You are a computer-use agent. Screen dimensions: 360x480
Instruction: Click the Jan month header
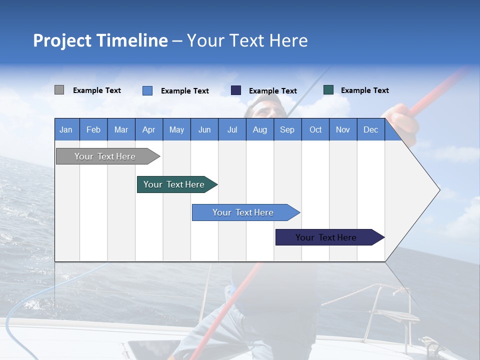pos(66,129)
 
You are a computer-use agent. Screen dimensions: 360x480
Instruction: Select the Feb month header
pos(93,129)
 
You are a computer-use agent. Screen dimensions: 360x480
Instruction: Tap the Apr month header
pos(148,129)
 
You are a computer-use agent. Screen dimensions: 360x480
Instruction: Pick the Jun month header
pos(204,129)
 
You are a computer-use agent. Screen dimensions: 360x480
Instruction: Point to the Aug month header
pos(259,129)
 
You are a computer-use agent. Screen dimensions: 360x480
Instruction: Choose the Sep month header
pos(287,129)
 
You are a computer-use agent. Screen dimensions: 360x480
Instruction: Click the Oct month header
pos(315,129)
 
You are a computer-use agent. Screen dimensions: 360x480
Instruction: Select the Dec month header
pos(370,129)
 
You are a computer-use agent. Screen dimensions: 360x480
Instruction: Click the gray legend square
pos(59,90)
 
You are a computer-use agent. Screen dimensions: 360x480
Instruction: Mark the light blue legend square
pos(147,90)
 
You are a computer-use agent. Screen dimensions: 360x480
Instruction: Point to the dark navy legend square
pos(236,90)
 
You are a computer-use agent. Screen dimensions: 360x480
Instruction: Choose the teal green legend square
pos(328,90)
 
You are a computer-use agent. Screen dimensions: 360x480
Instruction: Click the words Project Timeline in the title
pos(100,40)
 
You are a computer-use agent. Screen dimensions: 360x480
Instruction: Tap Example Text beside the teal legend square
pos(364,90)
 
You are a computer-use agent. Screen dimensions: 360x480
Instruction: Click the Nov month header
pos(343,129)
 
